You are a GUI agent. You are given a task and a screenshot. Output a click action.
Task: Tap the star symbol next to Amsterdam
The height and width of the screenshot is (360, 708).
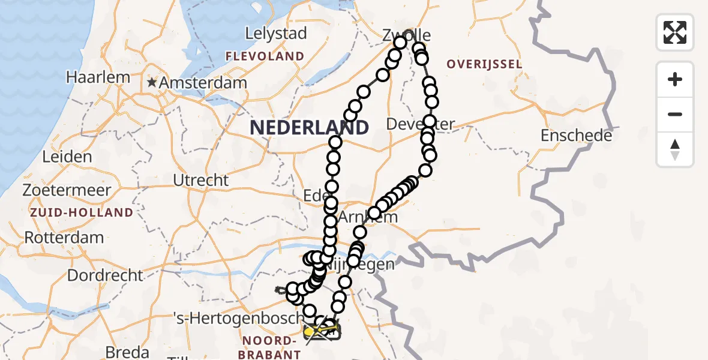(x=153, y=82)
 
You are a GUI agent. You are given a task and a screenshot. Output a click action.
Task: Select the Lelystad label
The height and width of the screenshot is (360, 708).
(x=277, y=33)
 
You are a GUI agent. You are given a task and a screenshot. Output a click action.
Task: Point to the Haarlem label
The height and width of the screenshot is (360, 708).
(x=98, y=77)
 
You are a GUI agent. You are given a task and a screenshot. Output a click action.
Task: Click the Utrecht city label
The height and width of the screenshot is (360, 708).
(x=200, y=180)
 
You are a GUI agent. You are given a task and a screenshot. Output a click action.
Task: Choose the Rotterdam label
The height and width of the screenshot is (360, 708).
(x=64, y=237)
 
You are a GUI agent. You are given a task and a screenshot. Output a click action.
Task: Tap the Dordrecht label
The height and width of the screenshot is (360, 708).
(x=106, y=275)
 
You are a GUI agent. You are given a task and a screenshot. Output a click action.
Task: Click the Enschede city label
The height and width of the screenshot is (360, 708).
(x=576, y=136)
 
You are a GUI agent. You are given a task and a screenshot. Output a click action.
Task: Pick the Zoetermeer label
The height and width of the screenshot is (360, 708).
(x=67, y=191)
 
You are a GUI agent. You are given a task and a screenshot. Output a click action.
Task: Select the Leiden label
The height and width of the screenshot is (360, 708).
(x=67, y=157)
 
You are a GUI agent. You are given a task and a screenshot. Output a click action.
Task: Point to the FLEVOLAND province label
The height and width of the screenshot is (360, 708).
(x=265, y=56)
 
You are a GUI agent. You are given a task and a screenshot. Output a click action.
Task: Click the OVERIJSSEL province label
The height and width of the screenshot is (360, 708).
(x=484, y=64)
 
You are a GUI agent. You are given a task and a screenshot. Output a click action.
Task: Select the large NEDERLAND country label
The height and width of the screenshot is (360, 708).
(x=309, y=127)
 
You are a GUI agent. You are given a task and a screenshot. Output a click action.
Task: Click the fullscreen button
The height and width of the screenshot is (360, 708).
(x=675, y=32)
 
